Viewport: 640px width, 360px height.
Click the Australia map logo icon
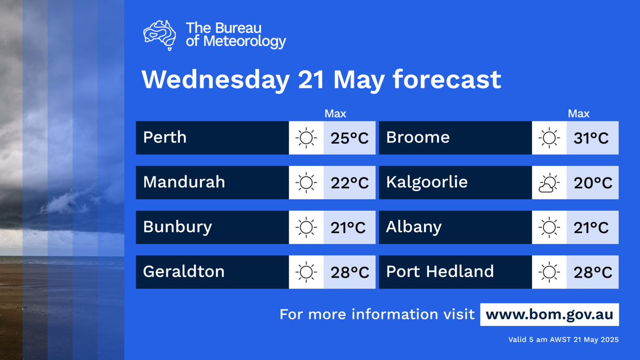[x=160, y=35]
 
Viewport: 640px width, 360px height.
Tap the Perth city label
[x=165, y=138]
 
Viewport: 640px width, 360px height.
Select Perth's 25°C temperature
[x=349, y=138]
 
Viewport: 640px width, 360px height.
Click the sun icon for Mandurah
[x=306, y=183]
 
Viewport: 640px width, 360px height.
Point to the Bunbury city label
[x=178, y=227]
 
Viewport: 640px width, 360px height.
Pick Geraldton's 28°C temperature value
[x=349, y=273]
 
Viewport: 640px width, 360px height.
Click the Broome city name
[x=418, y=138]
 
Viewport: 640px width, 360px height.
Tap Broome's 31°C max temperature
[x=592, y=138]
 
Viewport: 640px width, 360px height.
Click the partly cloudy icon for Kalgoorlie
[x=549, y=183]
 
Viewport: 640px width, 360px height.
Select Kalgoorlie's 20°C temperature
[x=592, y=183]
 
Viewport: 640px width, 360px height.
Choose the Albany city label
[x=414, y=227]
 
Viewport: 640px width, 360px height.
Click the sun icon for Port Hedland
[x=549, y=273]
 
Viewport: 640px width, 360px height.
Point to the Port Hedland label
[x=440, y=271]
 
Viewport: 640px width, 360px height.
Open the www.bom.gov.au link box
[x=549, y=314]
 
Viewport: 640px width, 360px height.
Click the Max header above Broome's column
[x=579, y=114]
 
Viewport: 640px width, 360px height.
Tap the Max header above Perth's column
[x=335, y=114]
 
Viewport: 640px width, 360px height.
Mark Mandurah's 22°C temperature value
[x=349, y=183]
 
